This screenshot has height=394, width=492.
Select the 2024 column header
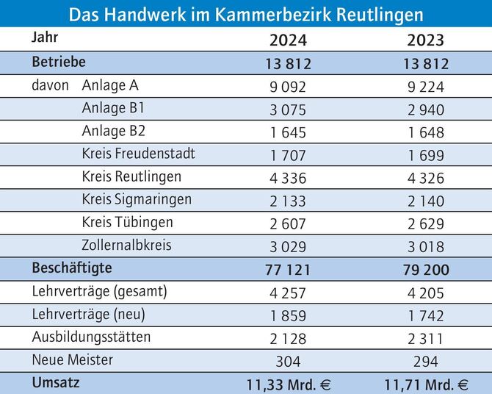pos(288,40)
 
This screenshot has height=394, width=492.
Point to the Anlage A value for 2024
pos(288,87)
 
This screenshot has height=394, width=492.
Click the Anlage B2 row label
pos(114,132)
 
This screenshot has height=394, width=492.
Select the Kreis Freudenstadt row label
pos(139,154)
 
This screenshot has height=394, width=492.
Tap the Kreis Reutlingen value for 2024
pos(288,179)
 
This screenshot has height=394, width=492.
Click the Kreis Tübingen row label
pos(128,222)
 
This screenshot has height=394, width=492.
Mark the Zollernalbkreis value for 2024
pos(288,247)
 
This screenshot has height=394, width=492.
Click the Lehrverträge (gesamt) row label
pos(100,291)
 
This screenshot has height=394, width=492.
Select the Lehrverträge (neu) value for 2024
pos(288,315)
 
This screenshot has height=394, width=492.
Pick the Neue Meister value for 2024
pos(288,361)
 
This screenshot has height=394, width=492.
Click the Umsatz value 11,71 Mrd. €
pos(427,384)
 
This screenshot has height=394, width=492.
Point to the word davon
pos(50,86)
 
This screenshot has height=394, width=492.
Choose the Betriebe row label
pos(59,61)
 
